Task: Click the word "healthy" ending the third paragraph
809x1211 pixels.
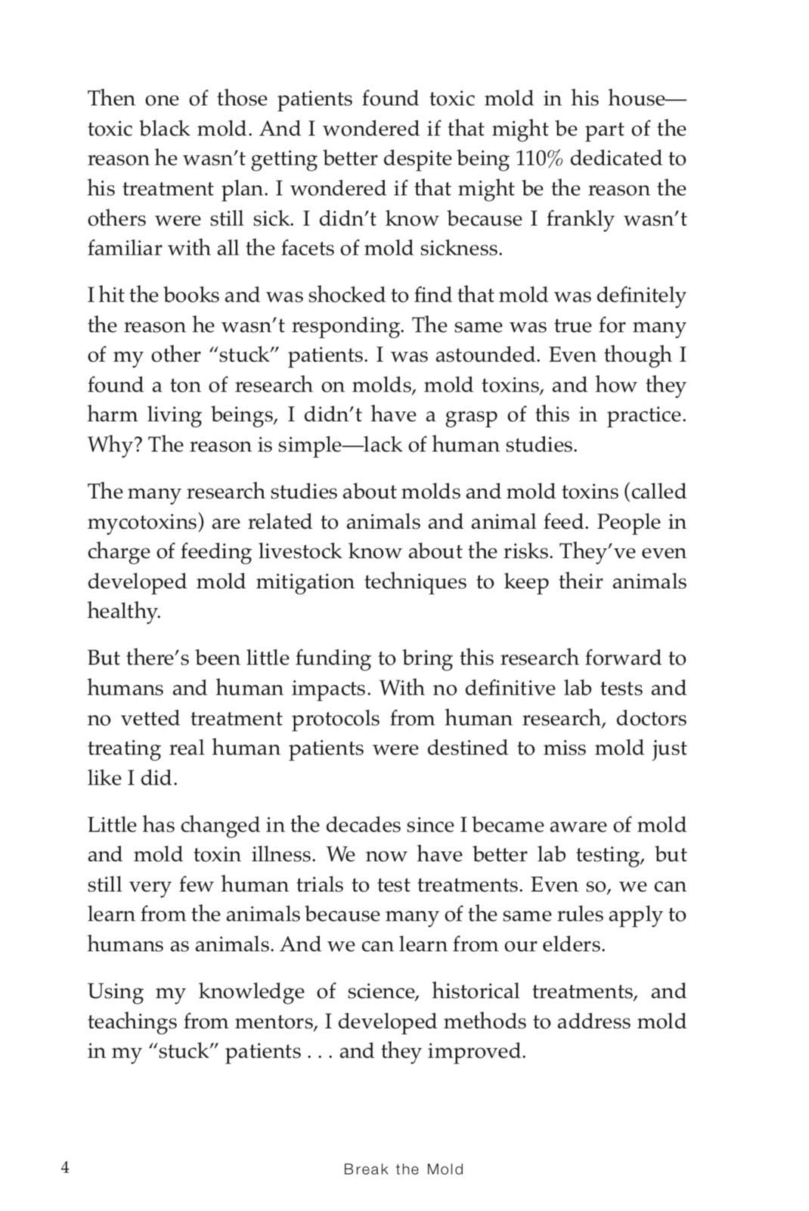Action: click(x=123, y=612)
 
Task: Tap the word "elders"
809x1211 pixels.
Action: click(x=575, y=945)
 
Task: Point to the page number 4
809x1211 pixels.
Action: click(x=65, y=1168)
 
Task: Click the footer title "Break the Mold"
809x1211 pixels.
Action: click(x=403, y=1169)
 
